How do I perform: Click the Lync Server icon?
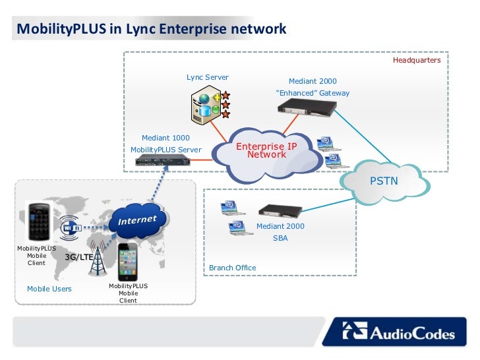(x=210, y=104)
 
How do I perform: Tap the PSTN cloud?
(x=384, y=182)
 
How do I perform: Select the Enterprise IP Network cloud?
(x=267, y=154)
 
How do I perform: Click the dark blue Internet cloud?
(x=138, y=220)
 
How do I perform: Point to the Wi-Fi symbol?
(x=70, y=227)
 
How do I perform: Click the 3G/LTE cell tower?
(x=98, y=258)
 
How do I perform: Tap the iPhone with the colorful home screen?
(x=128, y=262)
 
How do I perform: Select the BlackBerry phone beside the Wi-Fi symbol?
(x=39, y=222)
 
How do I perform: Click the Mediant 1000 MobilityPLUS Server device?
(x=163, y=160)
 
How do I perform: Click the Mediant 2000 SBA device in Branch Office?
(x=280, y=210)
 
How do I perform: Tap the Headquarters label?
(x=417, y=60)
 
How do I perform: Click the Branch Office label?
(x=232, y=268)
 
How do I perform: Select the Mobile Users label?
(x=49, y=289)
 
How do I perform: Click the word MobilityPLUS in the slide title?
(x=61, y=29)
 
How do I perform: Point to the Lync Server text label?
(x=208, y=77)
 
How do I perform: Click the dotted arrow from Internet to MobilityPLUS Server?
(x=159, y=185)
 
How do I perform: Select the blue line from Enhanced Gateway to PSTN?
(x=362, y=136)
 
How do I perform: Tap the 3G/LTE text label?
(x=79, y=257)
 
